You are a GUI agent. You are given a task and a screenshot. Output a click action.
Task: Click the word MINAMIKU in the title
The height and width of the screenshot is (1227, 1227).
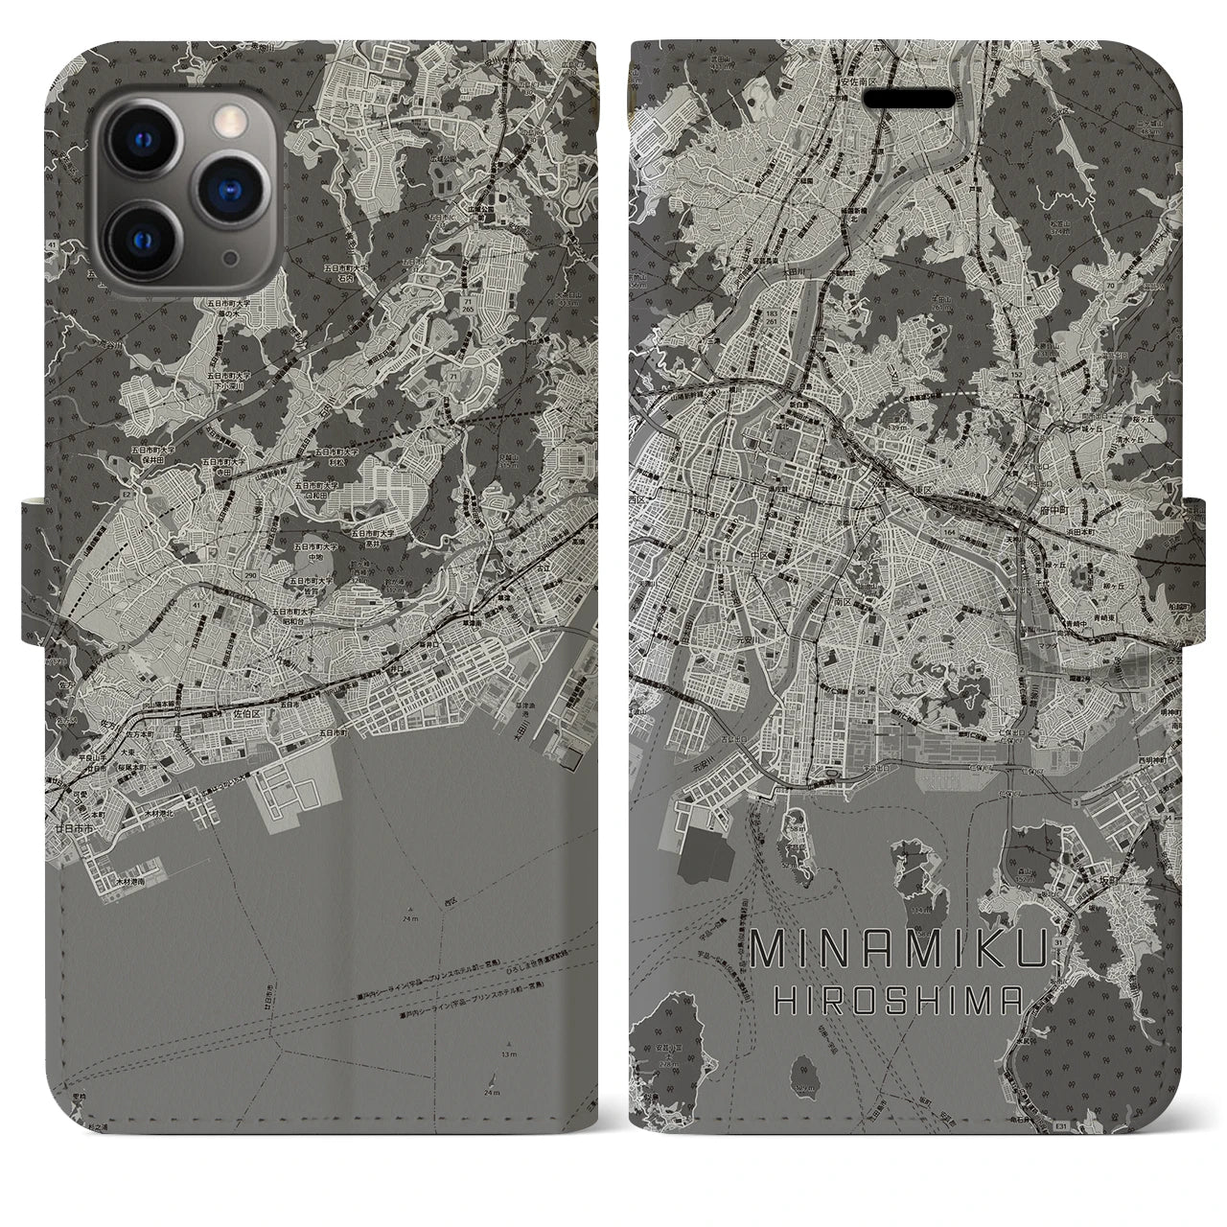click(888, 951)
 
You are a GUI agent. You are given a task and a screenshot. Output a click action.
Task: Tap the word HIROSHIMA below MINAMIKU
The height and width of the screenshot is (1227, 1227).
click(888, 1000)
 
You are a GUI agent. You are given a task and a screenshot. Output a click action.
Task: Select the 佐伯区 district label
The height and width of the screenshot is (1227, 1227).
click(247, 713)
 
